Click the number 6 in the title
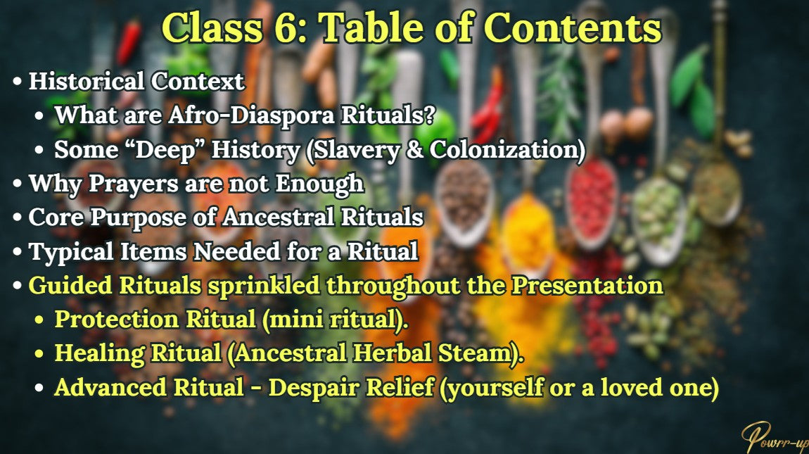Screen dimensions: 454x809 pyautogui.click(x=291, y=28)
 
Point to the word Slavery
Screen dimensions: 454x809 pyautogui.click(x=361, y=150)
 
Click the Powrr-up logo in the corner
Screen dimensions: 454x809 pyautogui.click(x=777, y=435)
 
